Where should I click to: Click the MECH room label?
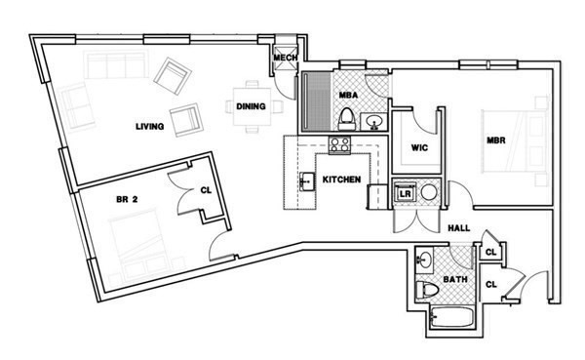tap(285, 59)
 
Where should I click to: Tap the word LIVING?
tap(149, 126)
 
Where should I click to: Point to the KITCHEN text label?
tap(342, 180)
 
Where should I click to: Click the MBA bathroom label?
tap(347, 96)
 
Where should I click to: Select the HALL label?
tap(460, 228)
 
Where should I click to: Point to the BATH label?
tap(455, 280)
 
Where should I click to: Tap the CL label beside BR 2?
tap(206, 192)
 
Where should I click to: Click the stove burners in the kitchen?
tap(339, 145)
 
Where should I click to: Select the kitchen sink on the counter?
tap(305, 181)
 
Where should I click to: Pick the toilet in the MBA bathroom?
tap(347, 120)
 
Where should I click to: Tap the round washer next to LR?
tap(429, 193)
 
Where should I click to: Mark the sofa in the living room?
tap(115, 67)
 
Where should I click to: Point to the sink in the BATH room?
tap(425, 261)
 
